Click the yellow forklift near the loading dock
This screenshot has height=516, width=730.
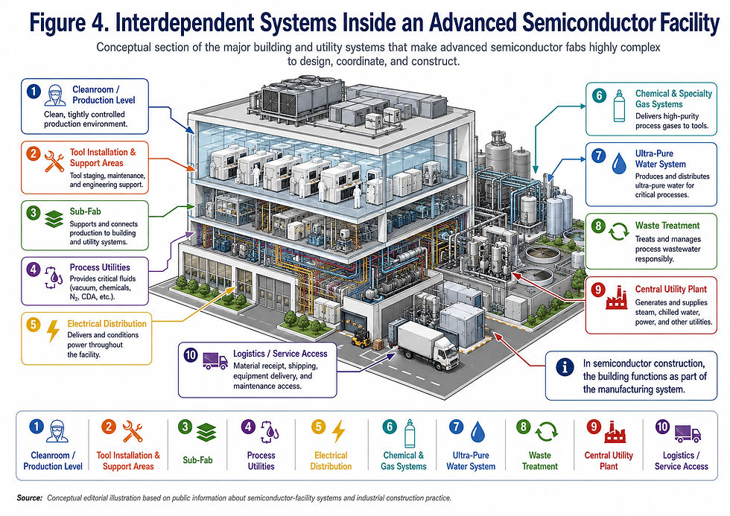pos(360,338)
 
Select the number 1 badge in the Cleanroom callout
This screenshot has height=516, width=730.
pos(34,91)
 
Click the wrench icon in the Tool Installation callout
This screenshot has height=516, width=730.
pos(54,161)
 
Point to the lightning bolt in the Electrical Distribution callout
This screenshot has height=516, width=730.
pos(54,331)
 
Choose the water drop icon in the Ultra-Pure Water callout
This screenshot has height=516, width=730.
pos(619,163)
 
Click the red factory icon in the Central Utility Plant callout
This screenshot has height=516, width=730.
pos(617,298)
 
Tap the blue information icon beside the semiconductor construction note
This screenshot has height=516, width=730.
pos(565,368)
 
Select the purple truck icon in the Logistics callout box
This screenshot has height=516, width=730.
pos(215,360)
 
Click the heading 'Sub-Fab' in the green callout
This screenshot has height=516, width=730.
pos(85,211)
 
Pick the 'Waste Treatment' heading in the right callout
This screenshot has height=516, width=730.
pos(667,226)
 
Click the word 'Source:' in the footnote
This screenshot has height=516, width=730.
pos(29,498)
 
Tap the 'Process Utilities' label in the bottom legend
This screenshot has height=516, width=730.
pos(261,461)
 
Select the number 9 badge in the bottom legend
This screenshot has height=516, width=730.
pos(594,426)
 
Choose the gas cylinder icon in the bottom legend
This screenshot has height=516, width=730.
pos(410,433)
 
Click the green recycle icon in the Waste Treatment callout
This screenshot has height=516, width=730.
pos(619,232)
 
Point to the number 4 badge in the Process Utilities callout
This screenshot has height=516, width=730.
pos(33,269)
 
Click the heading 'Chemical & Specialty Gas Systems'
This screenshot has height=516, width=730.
pos(673,98)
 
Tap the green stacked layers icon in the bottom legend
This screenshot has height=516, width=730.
pos(206,433)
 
